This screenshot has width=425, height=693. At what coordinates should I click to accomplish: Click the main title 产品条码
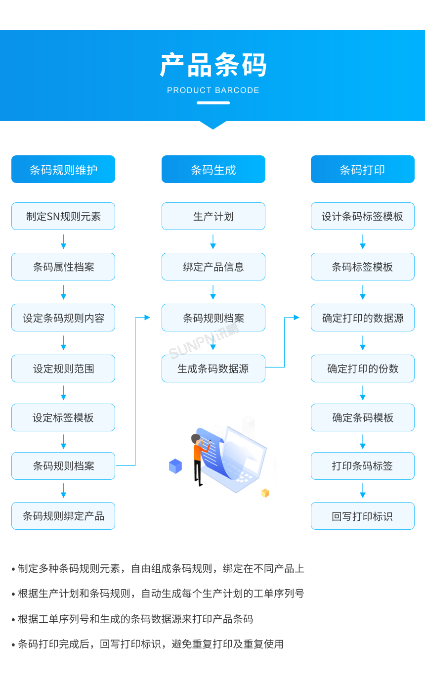(213, 65)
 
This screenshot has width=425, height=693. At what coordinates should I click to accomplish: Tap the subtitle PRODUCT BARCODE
(213, 91)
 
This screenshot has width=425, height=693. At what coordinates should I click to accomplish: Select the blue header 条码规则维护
(63, 170)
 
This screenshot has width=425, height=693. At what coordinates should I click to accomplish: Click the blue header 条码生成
(213, 170)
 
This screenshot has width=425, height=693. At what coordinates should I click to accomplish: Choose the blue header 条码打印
(362, 170)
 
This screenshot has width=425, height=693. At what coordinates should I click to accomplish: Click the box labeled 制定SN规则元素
(63, 216)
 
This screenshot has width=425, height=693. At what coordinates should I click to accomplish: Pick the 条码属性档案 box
(63, 267)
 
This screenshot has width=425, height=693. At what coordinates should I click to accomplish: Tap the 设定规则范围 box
(63, 369)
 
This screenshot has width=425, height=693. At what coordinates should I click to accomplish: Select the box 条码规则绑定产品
(63, 516)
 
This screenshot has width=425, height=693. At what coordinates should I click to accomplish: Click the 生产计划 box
(213, 216)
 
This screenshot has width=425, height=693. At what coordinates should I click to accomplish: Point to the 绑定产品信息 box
(213, 267)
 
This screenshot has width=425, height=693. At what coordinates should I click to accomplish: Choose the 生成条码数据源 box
(213, 369)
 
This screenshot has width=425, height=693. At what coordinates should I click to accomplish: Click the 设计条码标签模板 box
(362, 216)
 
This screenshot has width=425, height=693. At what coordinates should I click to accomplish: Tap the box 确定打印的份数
(362, 369)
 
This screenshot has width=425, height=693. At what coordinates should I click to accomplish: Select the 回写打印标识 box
(362, 516)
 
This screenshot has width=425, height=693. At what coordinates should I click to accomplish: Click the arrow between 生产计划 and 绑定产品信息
(213, 242)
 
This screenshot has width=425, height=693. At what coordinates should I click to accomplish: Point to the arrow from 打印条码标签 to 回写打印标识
(363, 491)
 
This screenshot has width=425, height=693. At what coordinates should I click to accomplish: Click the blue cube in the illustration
(175, 466)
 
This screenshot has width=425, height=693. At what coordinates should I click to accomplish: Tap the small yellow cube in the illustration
(265, 493)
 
